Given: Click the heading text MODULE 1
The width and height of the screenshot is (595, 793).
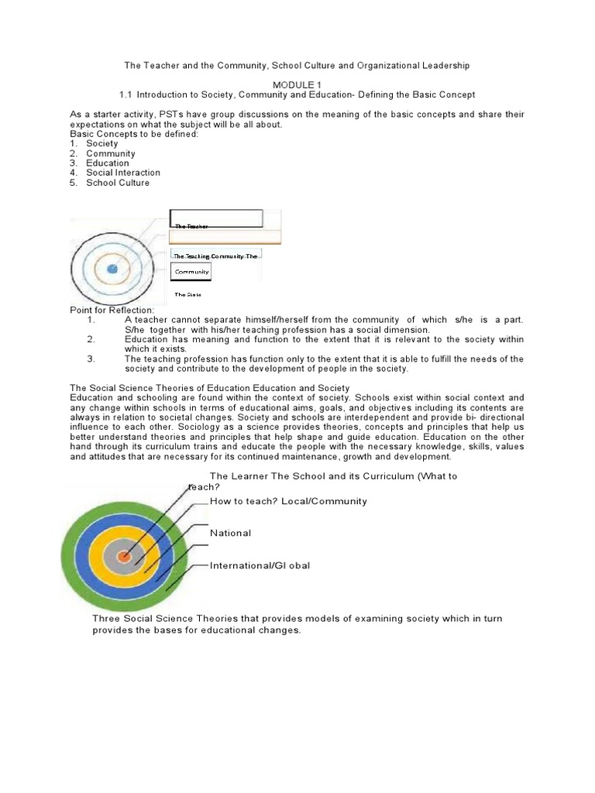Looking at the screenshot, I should [297, 83].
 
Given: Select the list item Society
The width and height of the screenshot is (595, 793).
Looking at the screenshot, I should [101, 143].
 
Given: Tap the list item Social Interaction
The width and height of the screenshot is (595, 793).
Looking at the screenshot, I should [122, 173].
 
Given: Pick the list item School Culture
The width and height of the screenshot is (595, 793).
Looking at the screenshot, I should [118, 183].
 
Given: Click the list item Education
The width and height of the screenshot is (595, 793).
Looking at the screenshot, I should [108, 163].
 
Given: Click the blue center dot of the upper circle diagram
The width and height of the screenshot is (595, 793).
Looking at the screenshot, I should [112, 268].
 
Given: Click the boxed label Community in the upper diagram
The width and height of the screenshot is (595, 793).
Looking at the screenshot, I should [191, 273].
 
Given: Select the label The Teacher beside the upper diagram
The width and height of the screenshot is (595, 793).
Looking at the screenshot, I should [191, 226].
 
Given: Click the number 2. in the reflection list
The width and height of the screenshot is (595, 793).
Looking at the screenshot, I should [91, 339].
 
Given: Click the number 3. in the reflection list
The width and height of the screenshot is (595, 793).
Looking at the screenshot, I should [91, 359].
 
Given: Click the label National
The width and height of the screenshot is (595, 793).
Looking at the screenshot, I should [230, 533].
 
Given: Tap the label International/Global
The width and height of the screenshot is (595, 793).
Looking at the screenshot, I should [260, 565].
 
